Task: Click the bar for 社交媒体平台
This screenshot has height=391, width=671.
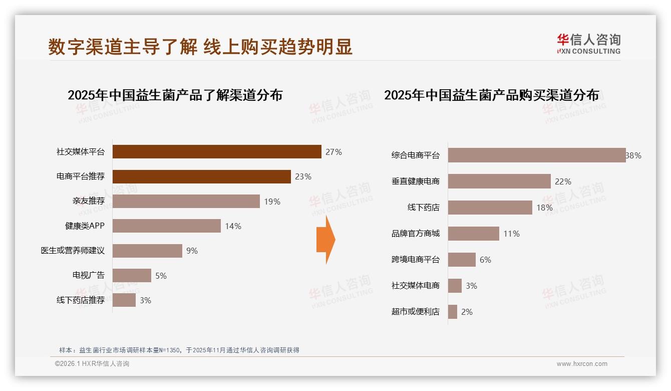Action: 216,152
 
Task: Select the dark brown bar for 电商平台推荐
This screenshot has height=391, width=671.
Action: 201,176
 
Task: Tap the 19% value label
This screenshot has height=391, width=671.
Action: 272,202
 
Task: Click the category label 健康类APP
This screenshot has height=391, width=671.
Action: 85,226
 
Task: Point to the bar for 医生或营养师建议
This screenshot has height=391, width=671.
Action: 147,251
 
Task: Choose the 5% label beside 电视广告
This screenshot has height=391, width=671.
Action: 161,276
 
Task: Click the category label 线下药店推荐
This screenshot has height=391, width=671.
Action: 80,300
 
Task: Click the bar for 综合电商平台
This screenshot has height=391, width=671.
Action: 536,155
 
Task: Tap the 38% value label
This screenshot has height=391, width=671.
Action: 633,155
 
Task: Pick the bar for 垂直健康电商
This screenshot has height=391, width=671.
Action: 499,181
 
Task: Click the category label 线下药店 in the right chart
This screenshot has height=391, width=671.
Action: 423,208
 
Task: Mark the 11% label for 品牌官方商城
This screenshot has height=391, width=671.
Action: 511,234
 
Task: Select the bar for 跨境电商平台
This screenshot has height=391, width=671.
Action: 462,260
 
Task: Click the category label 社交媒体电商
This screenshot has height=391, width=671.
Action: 415,286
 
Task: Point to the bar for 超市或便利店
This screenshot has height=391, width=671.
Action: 453,312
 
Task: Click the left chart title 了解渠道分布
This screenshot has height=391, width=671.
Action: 175,95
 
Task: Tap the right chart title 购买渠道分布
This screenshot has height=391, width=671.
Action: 491,95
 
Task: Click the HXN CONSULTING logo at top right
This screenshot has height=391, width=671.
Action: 588,44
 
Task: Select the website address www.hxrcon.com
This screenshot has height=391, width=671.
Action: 582,364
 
